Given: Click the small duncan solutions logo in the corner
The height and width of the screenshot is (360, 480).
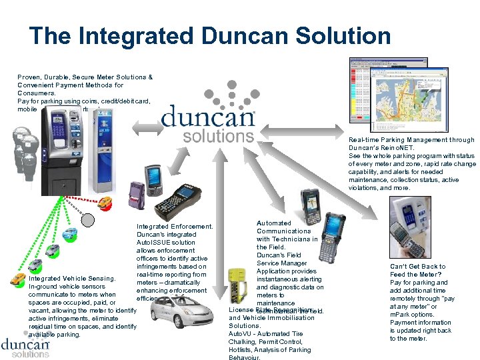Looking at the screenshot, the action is coord(25,348).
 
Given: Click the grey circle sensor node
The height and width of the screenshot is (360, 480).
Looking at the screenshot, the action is coord(89,219).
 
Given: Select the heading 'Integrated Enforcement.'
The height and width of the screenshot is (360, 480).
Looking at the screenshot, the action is coord(174,227).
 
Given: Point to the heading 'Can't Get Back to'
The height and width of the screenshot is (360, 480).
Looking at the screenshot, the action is coord(417,267).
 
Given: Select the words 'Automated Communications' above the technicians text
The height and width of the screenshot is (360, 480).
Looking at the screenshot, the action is coord(283,227).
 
